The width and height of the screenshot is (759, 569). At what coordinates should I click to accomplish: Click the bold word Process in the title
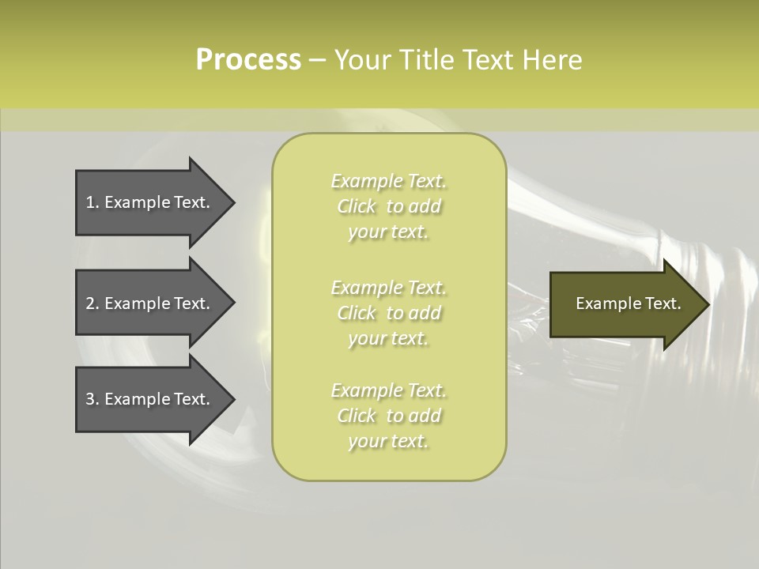(x=248, y=60)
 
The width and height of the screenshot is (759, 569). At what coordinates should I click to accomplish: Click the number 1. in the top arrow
(x=93, y=202)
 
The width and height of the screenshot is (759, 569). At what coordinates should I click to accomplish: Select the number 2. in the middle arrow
(x=93, y=303)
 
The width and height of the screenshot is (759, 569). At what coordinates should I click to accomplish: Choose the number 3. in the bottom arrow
(x=93, y=399)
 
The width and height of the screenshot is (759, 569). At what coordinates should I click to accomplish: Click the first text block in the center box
(x=388, y=206)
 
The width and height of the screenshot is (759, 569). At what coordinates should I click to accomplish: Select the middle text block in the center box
(x=388, y=312)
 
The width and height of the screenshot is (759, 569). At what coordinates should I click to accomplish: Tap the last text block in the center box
(x=388, y=416)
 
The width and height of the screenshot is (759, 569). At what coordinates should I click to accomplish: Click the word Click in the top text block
(x=357, y=207)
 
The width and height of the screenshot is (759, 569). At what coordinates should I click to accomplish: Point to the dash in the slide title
(x=317, y=61)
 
